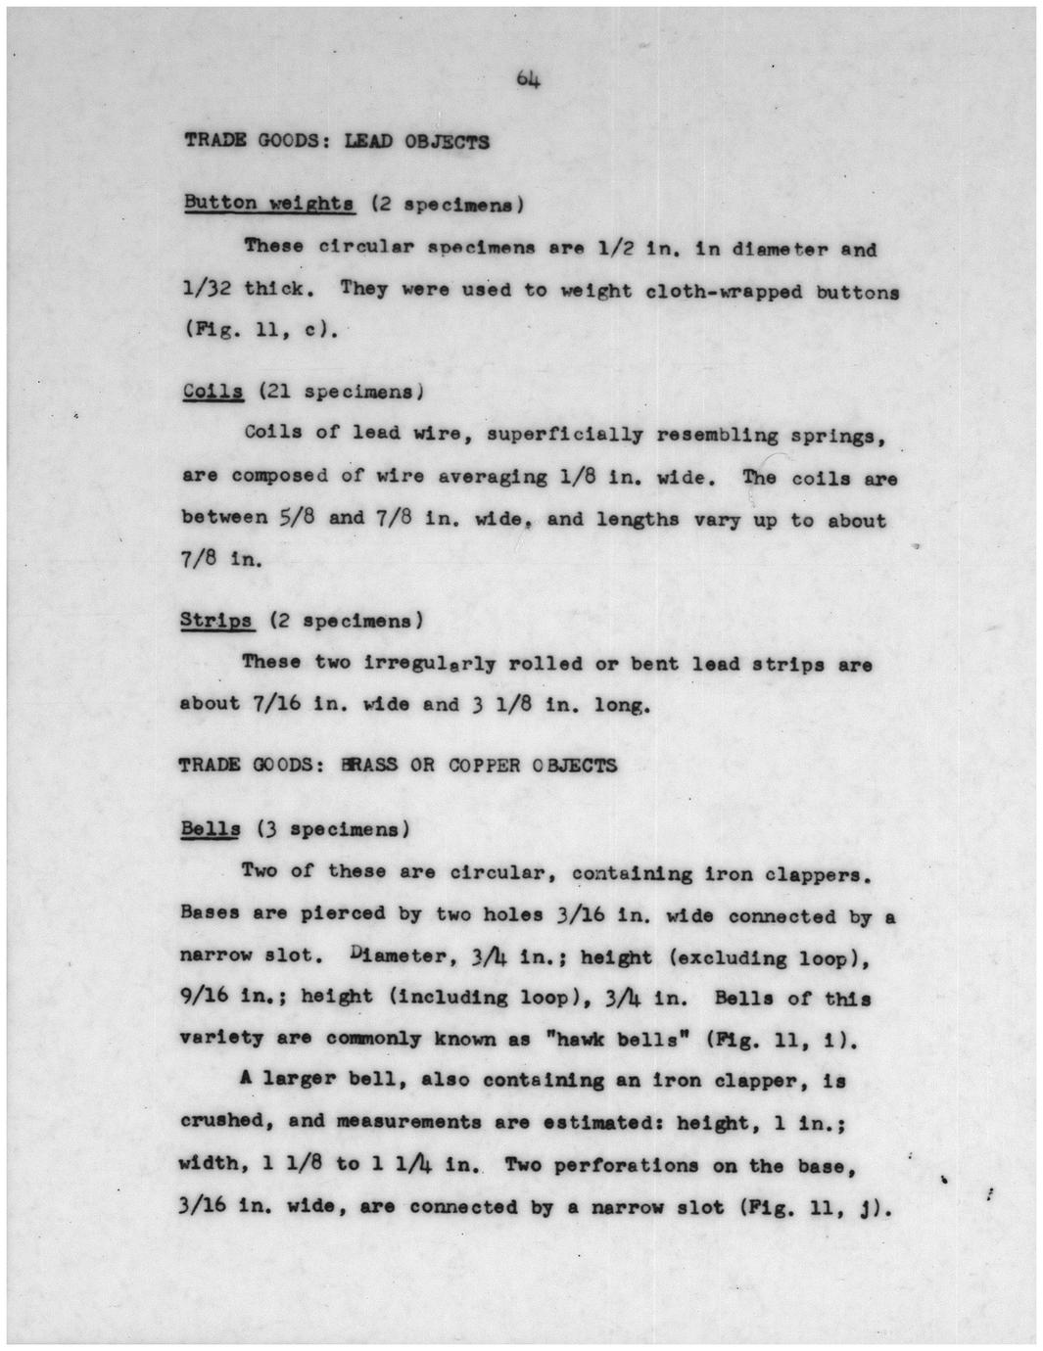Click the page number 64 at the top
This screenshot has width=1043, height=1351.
[528, 80]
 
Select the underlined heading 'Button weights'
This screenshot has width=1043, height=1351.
[268, 204]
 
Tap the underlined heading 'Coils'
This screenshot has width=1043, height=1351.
[213, 392]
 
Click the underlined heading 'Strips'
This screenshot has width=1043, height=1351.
[216, 621]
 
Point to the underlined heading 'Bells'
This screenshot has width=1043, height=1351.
[210, 829]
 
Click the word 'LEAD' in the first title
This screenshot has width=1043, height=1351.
[367, 141]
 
